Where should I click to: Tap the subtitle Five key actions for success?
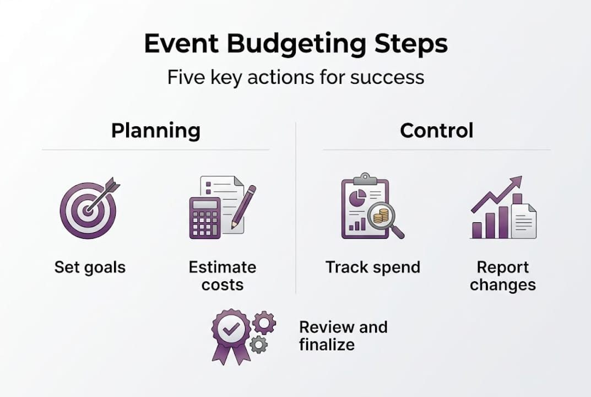tap(296, 77)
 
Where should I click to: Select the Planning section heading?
tap(156, 131)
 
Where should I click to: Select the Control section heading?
tap(436, 131)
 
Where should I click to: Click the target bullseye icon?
tap(87, 211)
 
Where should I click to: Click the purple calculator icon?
tap(204, 218)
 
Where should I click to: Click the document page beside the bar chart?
tap(524, 221)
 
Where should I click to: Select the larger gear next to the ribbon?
tap(264, 322)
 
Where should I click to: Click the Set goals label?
tap(90, 267)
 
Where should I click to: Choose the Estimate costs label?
tap(223, 276)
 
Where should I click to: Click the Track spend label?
tap(373, 267)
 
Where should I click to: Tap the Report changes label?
tap(503, 276)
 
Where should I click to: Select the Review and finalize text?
tap(343, 335)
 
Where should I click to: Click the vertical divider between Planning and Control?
tap(296, 210)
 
